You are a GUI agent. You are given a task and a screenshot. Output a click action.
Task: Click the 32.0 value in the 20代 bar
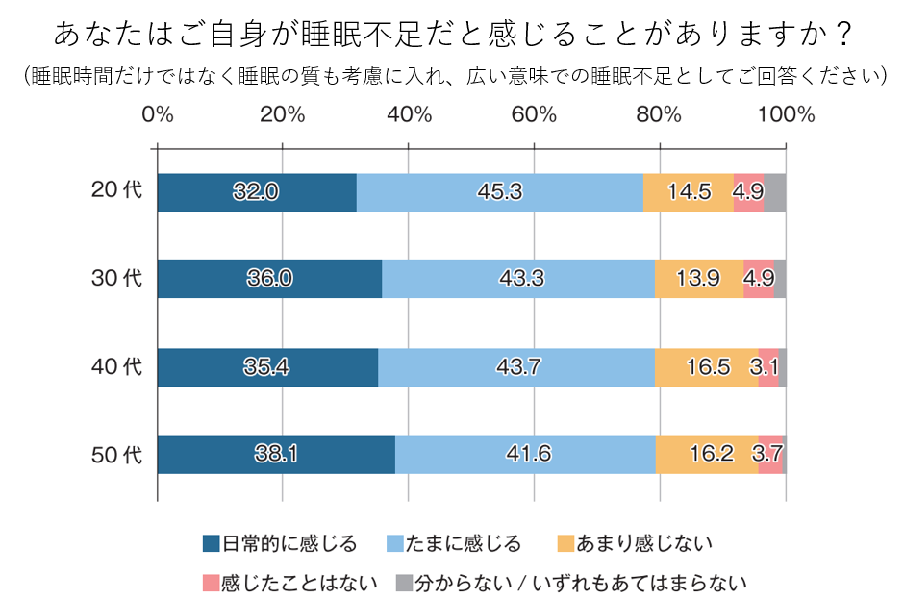coord(256,192)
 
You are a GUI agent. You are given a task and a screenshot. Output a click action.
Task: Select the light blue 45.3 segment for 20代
coord(499,192)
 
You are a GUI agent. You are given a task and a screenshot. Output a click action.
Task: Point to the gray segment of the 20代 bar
coord(774,192)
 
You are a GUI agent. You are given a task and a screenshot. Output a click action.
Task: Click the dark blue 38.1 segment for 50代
coord(276,454)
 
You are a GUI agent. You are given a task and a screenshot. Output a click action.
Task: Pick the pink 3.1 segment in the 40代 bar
coord(768,366)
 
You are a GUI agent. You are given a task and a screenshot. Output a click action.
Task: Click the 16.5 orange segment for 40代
coord(706,366)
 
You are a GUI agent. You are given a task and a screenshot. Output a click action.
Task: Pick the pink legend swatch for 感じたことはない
coord(212,583)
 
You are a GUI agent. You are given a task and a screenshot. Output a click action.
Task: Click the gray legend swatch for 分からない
coord(405,583)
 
